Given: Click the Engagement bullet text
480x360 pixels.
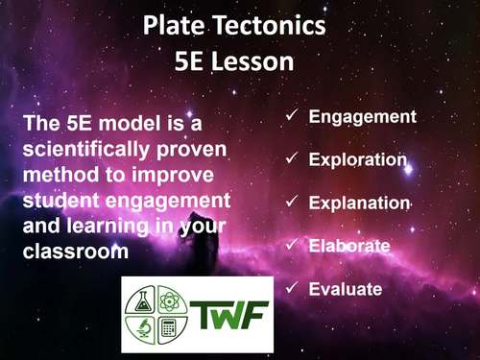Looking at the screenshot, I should click(x=362, y=117).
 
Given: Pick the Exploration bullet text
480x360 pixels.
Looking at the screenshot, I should click(x=358, y=160).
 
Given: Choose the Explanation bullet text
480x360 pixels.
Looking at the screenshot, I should click(x=359, y=204).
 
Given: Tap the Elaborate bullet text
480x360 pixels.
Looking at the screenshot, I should click(x=349, y=247).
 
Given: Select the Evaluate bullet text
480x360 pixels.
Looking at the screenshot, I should click(x=346, y=289).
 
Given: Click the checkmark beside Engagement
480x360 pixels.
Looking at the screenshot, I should click(x=292, y=117).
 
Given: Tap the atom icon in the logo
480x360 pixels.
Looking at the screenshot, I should click(x=169, y=298).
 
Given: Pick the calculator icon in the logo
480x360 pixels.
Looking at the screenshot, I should click(x=169, y=329).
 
